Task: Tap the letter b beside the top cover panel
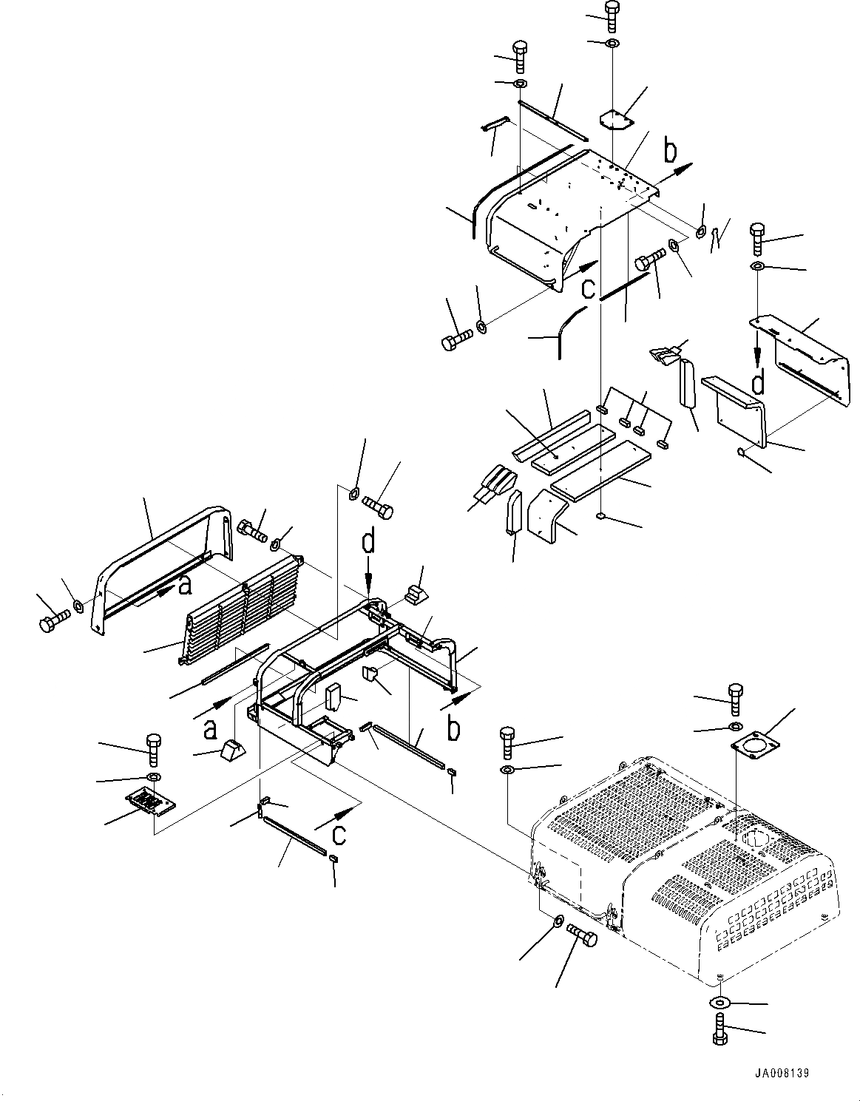tap(670, 152)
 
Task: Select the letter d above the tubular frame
tap(368, 543)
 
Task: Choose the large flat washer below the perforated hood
tap(720, 1003)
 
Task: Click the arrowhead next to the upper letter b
tap(685, 167)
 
